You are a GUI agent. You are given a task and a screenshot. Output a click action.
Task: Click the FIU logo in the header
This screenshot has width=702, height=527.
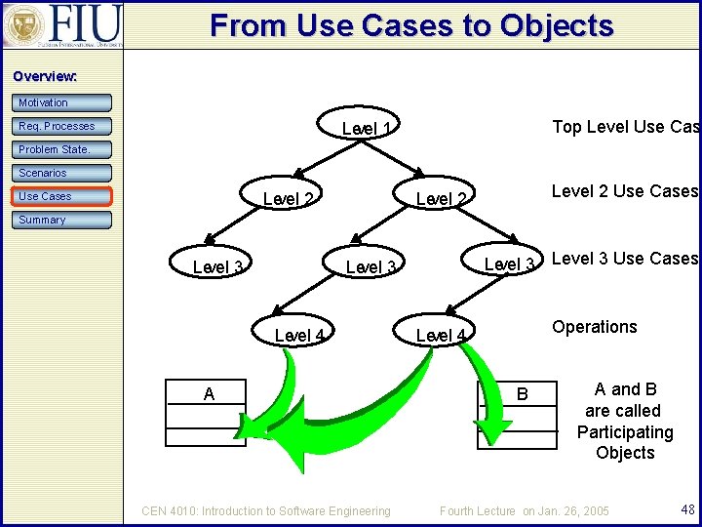tap(63, 24)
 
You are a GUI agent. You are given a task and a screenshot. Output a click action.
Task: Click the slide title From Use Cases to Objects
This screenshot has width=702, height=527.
tap(411, 25)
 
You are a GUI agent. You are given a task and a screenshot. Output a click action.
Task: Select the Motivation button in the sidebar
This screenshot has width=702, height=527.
tap(62, 102)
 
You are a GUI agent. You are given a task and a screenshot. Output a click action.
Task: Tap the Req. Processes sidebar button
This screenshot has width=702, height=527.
tap(62, 126)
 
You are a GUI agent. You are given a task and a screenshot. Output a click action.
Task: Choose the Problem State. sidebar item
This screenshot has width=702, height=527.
tap(62, 149)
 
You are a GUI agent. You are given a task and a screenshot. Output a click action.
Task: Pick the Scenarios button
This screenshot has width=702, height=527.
tap(62, 173)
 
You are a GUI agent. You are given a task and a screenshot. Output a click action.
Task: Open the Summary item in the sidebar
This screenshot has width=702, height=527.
tap(62, 220)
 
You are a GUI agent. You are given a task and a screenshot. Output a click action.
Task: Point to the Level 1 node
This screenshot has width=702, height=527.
tap(367, 130)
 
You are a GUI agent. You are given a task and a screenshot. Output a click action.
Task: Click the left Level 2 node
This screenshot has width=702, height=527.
tap(289, 199)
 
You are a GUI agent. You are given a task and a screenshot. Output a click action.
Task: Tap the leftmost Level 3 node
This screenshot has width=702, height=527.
tap(218, 267)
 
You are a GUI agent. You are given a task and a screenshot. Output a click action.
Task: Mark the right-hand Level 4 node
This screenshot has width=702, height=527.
tap(441, 336)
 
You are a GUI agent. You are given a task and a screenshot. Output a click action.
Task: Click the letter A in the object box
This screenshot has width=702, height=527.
tap(209, 393)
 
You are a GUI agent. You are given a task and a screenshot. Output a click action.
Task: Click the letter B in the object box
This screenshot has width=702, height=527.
tap(522, 394)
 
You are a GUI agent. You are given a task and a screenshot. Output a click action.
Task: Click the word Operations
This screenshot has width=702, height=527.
tap(594, 327)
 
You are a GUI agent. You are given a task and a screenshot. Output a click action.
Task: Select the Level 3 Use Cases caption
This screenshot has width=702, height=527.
tap(624, 259)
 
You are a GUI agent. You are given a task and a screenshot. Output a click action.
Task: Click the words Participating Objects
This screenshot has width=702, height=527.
tap(625, 442)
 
